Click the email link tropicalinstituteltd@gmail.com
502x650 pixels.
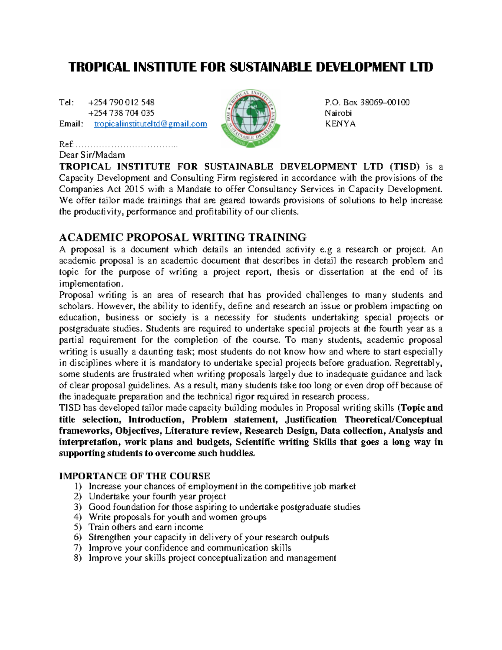(150, 124)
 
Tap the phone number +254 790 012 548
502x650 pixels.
(121, 102)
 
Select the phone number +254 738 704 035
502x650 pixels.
(121, 113)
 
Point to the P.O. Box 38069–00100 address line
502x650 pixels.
(367, 102)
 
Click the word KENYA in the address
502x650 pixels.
(340, 124)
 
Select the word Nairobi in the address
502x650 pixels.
(338, 113)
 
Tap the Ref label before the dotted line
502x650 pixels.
(66, 144)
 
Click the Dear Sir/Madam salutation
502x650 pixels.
(92, 155)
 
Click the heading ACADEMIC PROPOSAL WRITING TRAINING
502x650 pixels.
(182, 237)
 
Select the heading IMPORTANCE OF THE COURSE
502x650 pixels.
(134, 476)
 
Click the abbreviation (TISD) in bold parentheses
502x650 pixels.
(404, 167)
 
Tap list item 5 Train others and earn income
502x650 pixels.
(146, 527)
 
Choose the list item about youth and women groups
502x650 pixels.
(177, 517)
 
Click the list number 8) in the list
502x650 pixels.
(77, 558)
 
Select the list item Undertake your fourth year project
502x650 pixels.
(157, 496)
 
